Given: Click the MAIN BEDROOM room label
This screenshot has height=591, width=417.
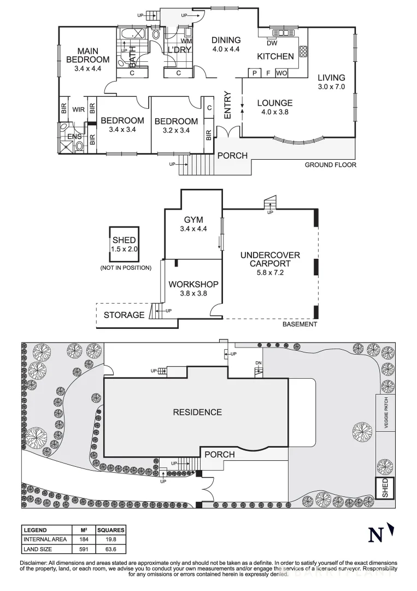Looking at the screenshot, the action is coord(87,55).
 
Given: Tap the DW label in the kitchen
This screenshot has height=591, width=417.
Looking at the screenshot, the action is coord(272,43).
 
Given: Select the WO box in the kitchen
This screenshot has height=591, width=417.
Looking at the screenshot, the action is coord(281,73).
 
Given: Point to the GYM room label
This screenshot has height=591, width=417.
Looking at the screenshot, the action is coord(193,220).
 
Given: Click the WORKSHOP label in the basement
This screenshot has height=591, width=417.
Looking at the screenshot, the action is coord(193,284).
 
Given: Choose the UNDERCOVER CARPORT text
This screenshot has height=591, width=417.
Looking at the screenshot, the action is coord(270,259).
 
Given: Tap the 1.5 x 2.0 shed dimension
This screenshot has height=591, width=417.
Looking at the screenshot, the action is coord(124,249).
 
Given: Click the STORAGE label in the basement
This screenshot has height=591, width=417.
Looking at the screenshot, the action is coord(124,315).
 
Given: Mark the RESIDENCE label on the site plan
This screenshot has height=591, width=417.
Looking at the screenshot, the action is coord(197,413).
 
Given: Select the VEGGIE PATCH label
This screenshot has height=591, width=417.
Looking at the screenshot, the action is coord(386,413).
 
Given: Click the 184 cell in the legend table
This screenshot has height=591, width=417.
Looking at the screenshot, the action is coord(84,540).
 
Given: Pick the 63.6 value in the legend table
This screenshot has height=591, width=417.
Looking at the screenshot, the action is coord(110,549).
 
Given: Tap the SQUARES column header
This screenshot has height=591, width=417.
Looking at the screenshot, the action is coord(110,530).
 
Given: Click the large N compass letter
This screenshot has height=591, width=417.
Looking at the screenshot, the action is coord(375,535).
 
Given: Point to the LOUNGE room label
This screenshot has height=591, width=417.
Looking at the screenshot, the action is coord(275,103).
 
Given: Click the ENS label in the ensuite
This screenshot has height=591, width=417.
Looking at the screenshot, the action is coord(74,136).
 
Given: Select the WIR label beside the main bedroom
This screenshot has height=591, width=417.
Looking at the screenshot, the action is coord(78,109).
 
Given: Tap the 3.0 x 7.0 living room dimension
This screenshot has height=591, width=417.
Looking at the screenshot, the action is coord(331,86).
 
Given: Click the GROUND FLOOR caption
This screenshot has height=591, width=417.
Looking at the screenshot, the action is coord(331,165).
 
